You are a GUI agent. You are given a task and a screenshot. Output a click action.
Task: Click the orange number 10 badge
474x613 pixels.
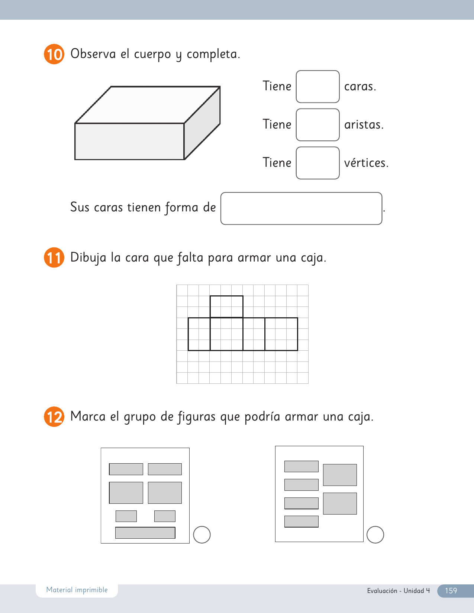[54, 54]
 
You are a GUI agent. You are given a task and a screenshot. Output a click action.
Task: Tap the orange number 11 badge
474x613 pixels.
[54, 257]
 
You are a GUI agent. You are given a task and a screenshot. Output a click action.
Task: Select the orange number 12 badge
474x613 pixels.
[54, 416]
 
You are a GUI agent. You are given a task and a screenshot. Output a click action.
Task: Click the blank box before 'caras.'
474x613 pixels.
[317, 86]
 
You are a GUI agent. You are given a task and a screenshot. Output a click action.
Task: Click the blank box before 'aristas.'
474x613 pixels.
[317, 125]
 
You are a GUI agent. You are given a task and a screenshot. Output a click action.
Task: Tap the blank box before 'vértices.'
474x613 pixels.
[317, 163]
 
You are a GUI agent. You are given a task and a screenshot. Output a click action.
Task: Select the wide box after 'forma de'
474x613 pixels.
[301, 208]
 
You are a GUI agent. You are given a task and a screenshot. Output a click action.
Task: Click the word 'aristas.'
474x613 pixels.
[364, 125]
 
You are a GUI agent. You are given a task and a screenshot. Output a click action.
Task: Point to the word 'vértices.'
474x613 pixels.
[366, 162]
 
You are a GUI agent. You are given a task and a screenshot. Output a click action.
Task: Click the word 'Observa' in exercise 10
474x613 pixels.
[93, 53]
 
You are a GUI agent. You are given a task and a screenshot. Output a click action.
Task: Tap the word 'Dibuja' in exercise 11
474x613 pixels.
[88, 258]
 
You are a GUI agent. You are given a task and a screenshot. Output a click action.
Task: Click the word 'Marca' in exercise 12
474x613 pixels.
[88, 416]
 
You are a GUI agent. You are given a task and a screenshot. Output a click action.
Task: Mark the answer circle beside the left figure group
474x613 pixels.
[202, 535]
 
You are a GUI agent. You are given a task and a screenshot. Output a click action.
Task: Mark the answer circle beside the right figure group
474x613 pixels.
[375, 535]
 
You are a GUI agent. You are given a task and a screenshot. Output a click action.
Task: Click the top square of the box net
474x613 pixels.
[226, 306]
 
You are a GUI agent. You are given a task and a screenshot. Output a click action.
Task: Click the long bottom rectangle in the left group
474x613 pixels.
[145, 533]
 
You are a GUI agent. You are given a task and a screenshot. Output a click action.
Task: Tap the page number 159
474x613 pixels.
[451, 590]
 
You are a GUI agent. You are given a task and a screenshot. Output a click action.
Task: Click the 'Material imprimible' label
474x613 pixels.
[77, 590]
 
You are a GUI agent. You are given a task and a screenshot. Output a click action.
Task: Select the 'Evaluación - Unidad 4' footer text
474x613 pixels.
[398, 590]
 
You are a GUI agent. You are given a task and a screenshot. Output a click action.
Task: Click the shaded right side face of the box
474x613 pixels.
[202, 123]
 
